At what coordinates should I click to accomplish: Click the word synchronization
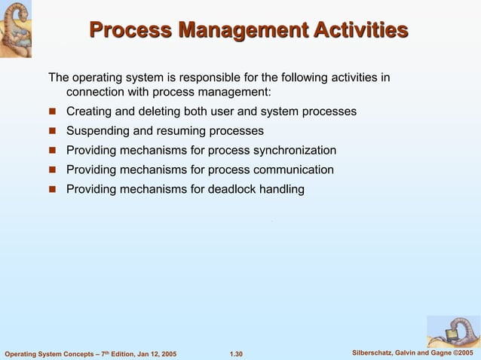(294, 151)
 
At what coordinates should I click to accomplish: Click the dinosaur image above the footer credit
(453, 331)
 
